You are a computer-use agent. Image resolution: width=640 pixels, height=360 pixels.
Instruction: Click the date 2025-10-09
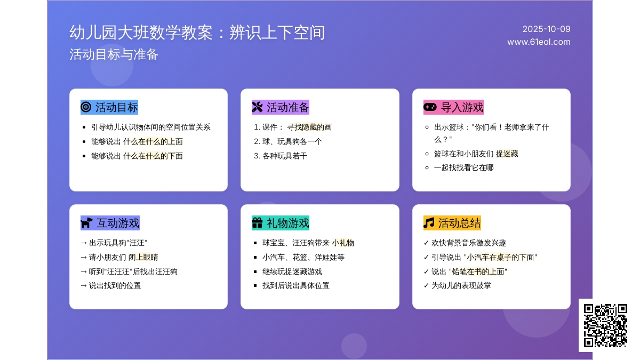546,29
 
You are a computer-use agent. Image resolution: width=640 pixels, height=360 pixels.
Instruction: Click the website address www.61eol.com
539,42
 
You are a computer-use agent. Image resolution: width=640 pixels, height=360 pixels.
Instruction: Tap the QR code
605,325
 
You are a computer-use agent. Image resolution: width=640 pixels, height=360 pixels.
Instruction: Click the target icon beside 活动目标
86,107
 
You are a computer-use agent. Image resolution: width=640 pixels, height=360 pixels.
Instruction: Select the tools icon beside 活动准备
257,107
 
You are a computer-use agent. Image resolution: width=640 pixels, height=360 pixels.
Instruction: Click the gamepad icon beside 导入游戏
430,107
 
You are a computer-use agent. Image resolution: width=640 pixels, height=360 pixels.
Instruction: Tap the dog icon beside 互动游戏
86,223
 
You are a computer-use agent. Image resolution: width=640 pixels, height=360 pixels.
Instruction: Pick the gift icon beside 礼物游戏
257,223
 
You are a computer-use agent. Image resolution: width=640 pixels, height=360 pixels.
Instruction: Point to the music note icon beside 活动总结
429,223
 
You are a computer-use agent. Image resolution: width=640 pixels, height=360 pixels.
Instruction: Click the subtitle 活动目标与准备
114,54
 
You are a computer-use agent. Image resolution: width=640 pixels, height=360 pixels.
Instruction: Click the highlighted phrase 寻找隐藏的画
309,127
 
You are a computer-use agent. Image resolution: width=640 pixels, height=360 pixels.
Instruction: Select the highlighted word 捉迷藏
507,154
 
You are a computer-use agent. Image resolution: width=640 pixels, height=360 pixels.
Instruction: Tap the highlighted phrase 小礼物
343,243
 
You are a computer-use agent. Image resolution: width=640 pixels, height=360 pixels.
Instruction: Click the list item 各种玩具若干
285,156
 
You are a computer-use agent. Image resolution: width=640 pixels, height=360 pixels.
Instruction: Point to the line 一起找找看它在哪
463,167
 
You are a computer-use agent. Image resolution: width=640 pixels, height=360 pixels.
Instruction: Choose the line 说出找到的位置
115,285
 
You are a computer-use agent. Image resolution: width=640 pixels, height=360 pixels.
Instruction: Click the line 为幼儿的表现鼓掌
461,285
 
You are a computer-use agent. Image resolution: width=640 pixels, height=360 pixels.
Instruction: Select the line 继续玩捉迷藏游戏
292,271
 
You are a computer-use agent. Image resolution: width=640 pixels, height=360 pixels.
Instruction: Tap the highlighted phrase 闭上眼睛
143,257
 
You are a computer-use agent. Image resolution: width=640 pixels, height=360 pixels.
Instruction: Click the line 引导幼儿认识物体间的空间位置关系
151,127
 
